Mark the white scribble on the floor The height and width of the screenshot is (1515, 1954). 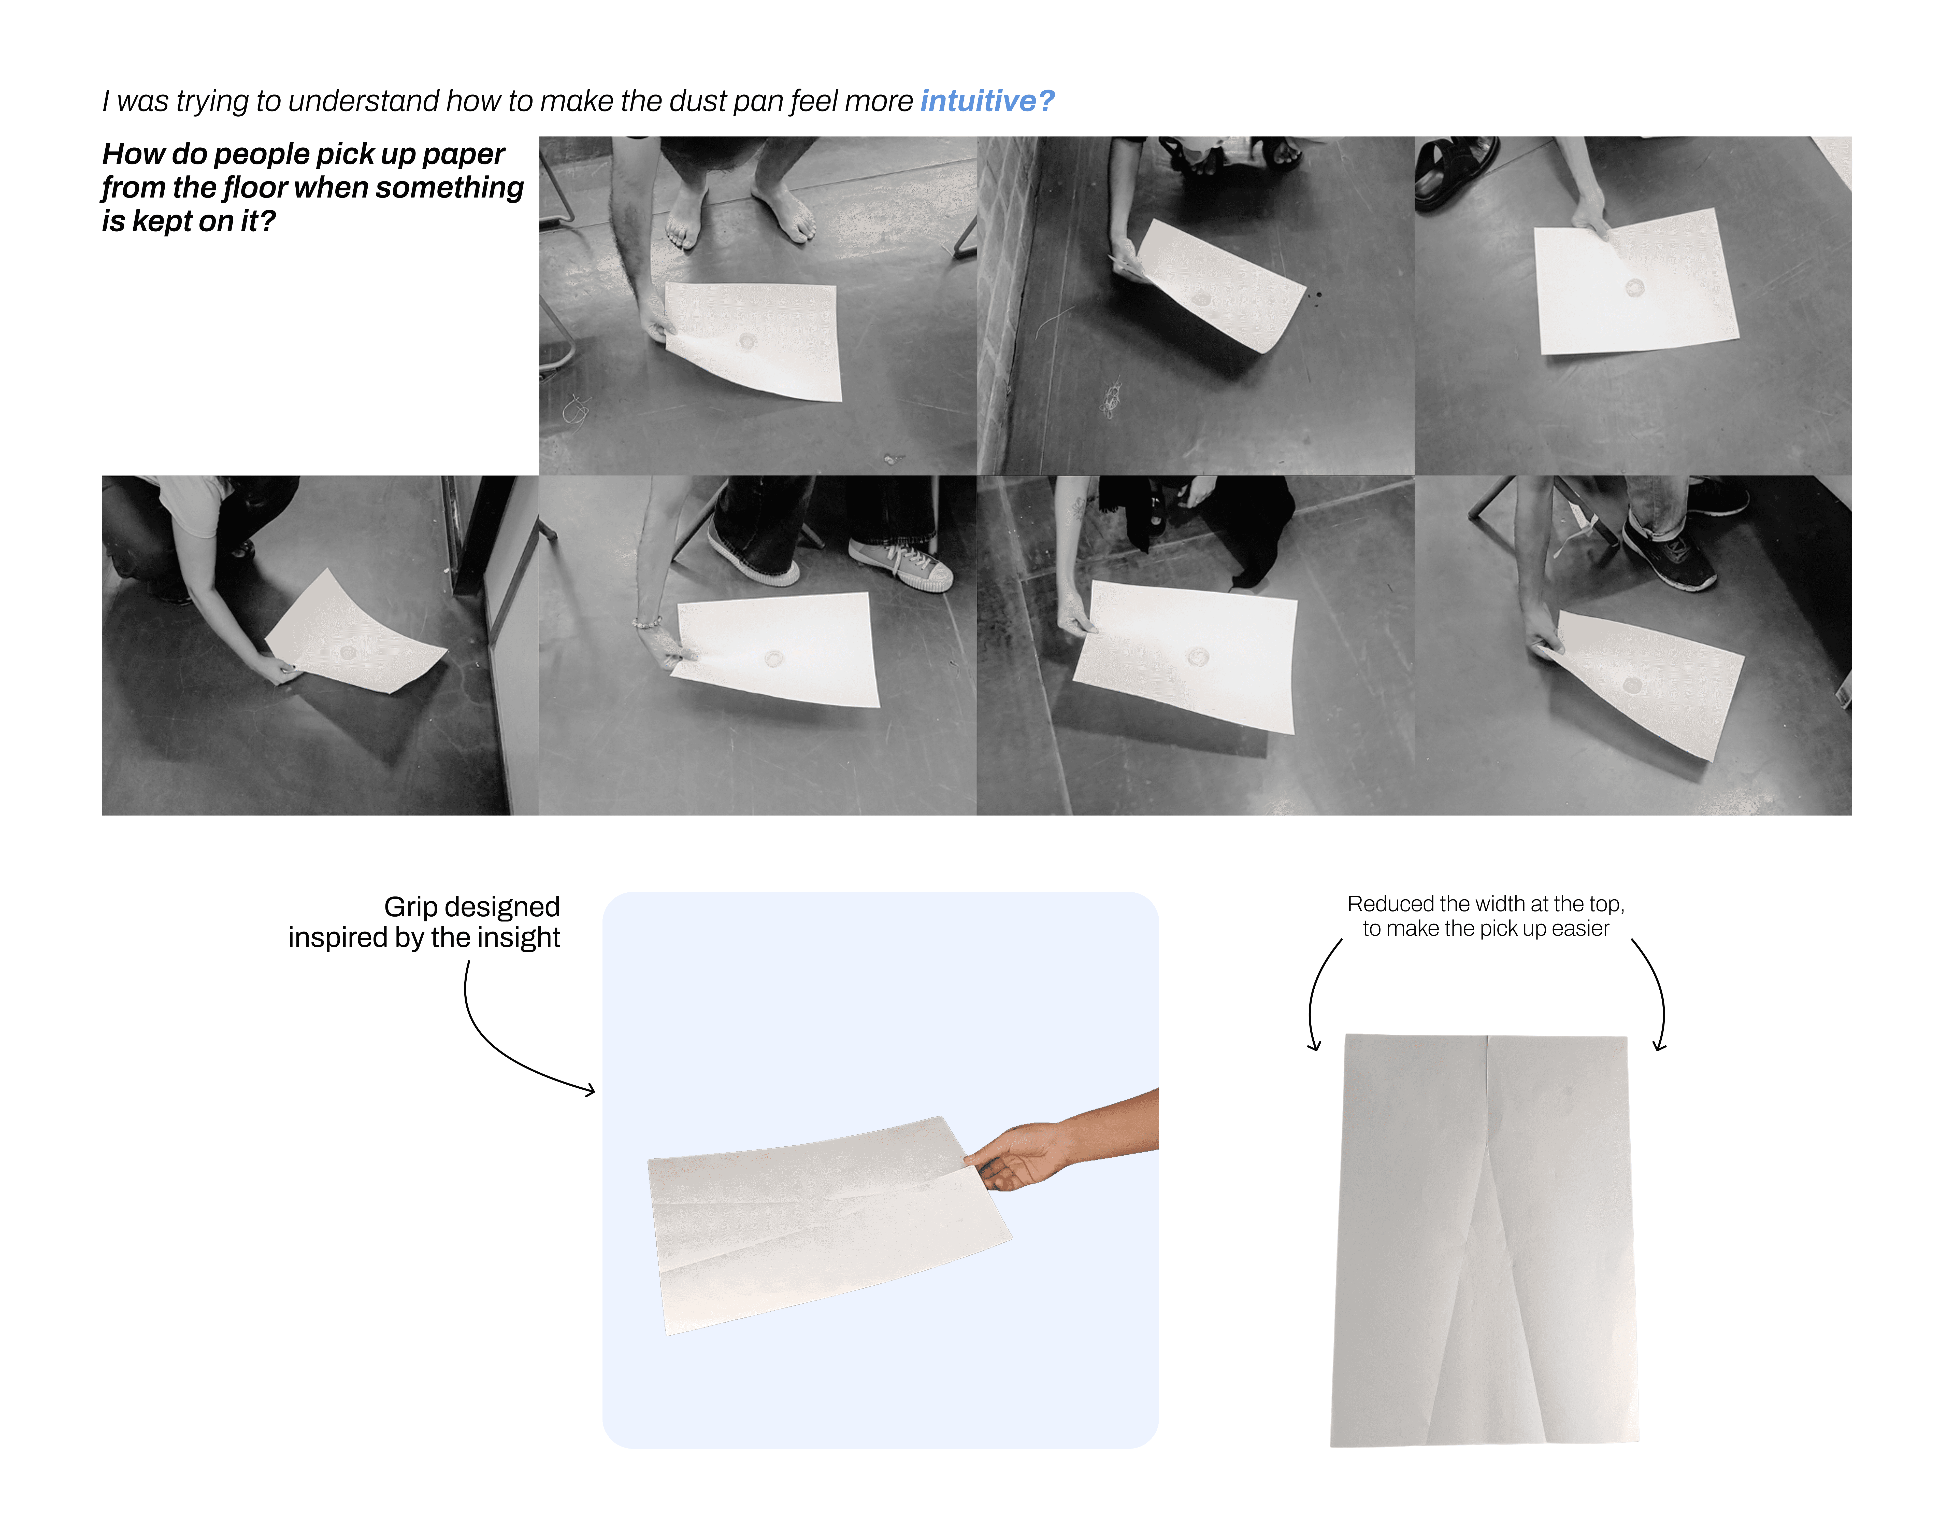coord(1112,398)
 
